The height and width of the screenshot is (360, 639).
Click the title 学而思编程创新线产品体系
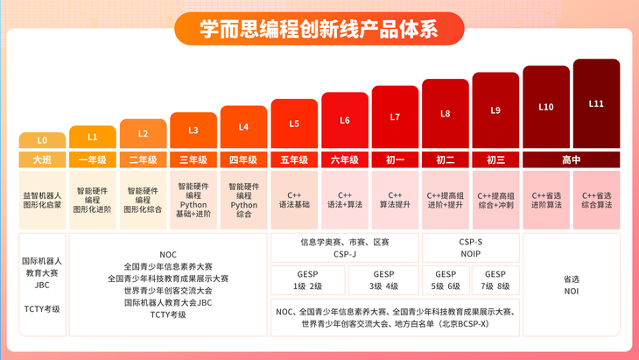319,28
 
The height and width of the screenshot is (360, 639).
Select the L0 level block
42,140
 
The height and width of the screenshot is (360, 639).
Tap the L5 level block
294,124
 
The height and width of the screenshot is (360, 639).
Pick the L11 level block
596,103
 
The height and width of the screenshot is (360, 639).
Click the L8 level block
446,114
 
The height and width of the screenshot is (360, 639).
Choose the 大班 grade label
42,159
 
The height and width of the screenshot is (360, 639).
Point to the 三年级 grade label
193,159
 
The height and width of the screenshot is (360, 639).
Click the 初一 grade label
395,159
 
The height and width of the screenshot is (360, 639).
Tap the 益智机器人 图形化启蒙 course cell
42,201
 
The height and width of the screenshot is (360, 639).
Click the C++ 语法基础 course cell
294,201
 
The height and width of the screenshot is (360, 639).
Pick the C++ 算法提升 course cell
395,201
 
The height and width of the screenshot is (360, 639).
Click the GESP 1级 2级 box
307,279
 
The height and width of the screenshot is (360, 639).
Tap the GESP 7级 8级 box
495,279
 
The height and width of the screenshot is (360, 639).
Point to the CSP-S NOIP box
470,247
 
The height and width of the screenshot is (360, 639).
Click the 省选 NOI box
571,285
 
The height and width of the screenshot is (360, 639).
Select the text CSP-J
345,253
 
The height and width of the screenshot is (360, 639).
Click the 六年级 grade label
344,159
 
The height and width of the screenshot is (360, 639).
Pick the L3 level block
193,130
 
